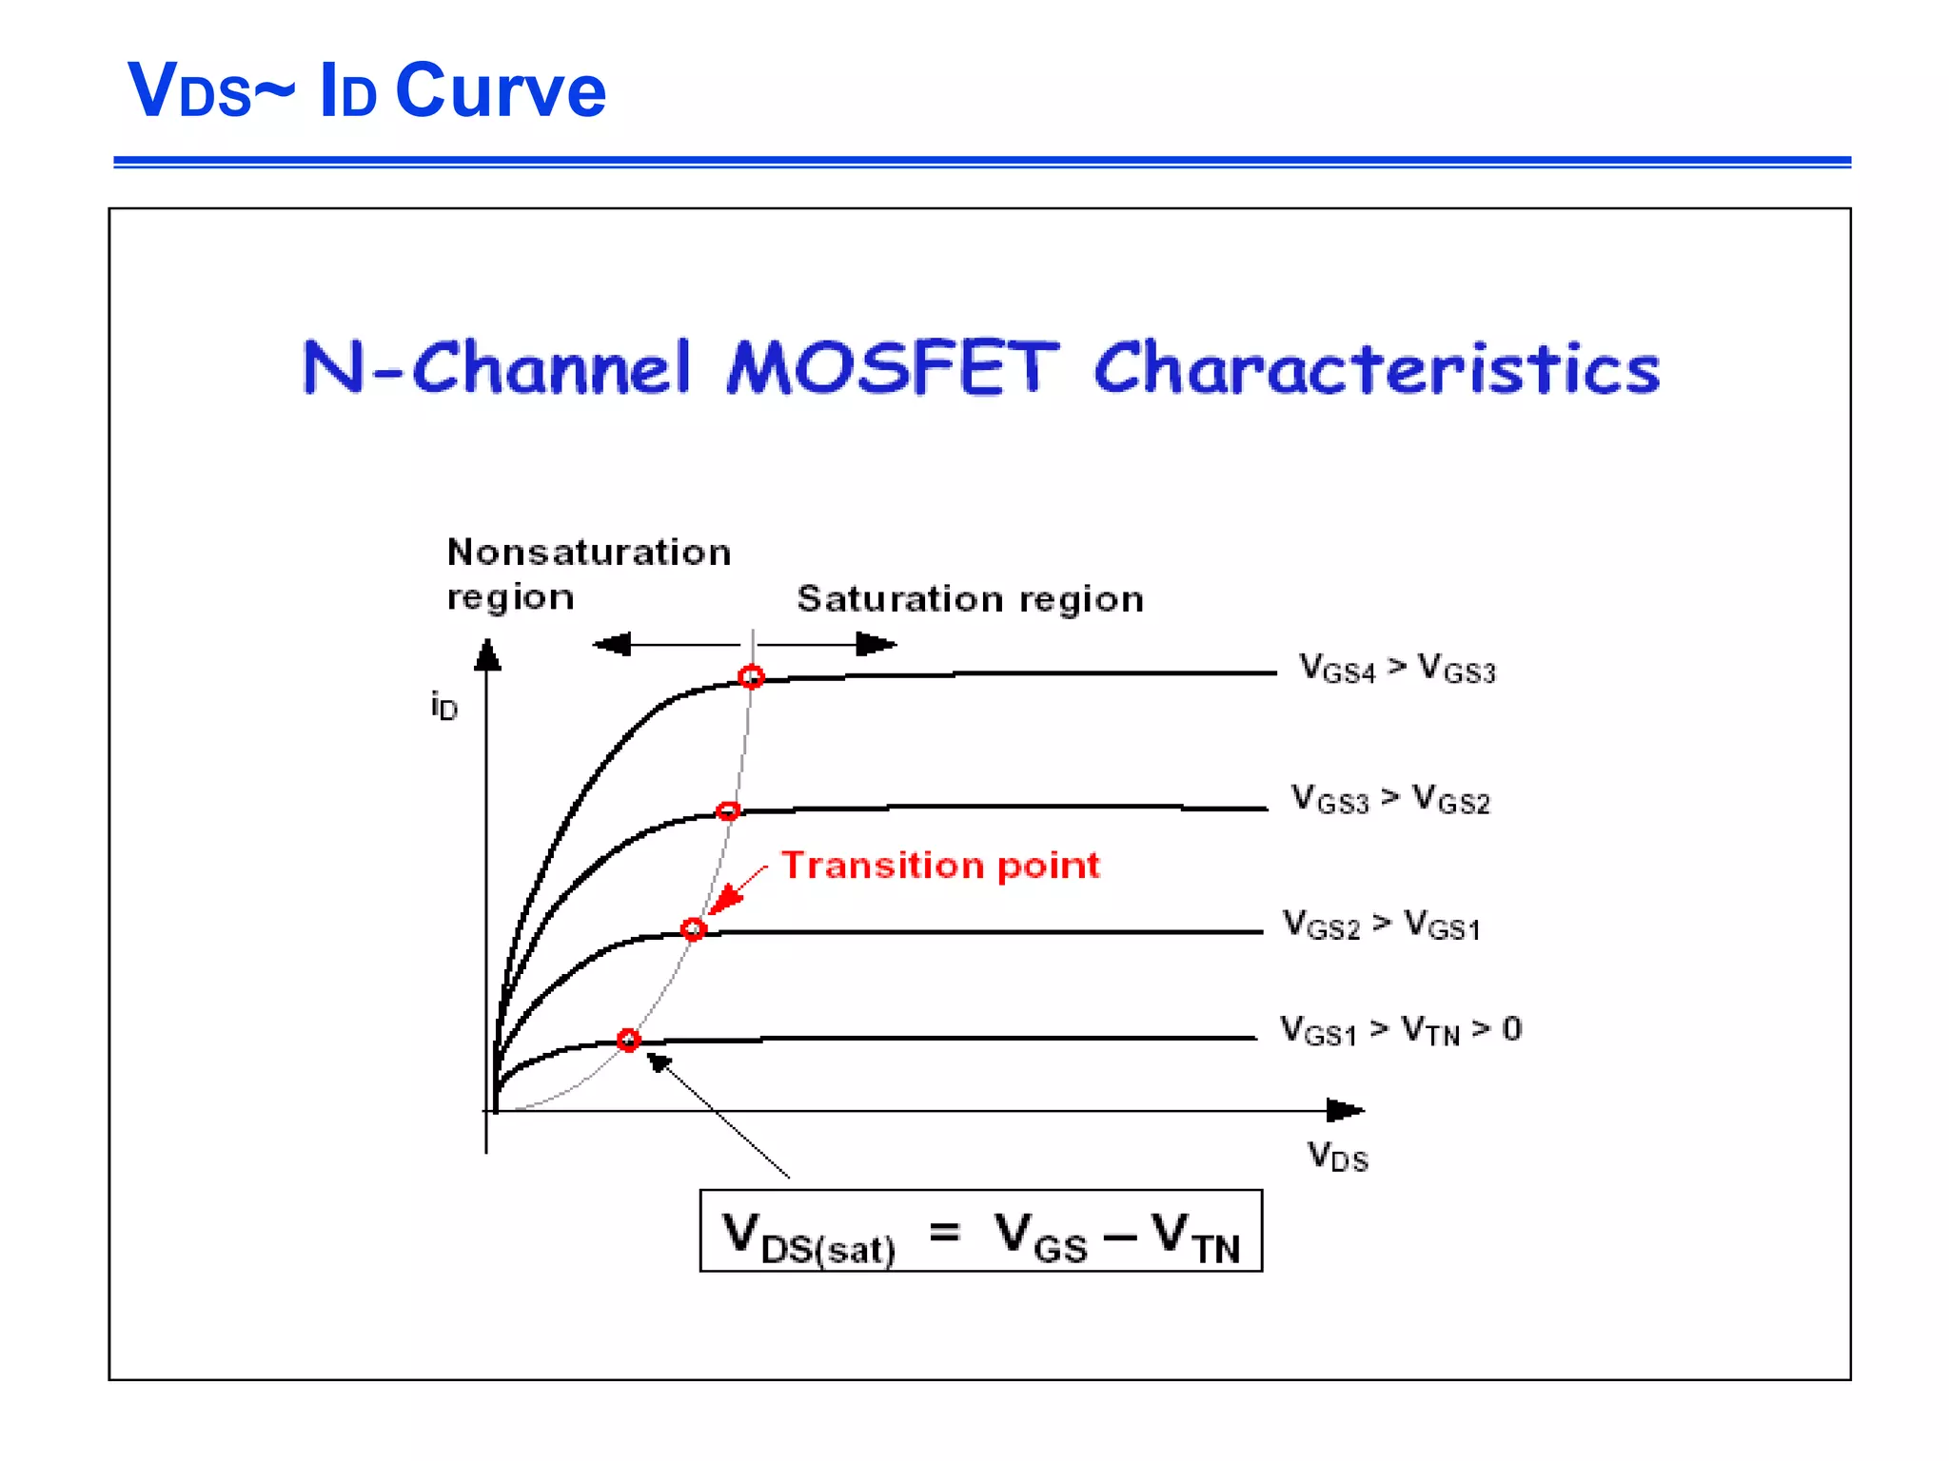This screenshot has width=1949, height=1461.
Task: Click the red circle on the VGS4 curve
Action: click(751, 676)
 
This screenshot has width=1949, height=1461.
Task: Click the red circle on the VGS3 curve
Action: click(728, 810)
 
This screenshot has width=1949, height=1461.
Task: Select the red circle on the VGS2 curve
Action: click(694, 928)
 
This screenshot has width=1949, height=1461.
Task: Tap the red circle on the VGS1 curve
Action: click(628, 1040)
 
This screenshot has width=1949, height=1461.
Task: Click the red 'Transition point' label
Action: click(940, 866)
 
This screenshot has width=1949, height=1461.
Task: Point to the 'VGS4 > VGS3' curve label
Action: click(1397, 669)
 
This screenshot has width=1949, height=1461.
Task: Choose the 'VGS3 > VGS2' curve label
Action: click(1389, 799)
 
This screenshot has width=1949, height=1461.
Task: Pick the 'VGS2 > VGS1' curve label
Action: click(1381, 925)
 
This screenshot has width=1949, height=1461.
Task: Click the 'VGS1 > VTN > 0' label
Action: click(1400, 1030)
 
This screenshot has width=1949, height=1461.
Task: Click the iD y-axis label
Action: click(443, 706)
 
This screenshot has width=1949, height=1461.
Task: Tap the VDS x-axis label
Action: click(1337, 1157)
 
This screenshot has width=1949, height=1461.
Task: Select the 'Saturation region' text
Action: click(970, 599)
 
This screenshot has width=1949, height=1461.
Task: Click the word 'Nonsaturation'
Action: click(589, 553)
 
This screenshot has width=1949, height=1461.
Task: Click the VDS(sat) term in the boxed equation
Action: click(809, 1237)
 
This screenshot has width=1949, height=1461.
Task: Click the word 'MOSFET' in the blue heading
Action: click(892, 368)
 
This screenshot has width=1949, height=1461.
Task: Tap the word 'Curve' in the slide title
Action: click(500, 90)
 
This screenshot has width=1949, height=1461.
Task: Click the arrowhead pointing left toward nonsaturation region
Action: click(613, 645)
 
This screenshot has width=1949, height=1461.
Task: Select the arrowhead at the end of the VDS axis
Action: click(1344, 1110)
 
